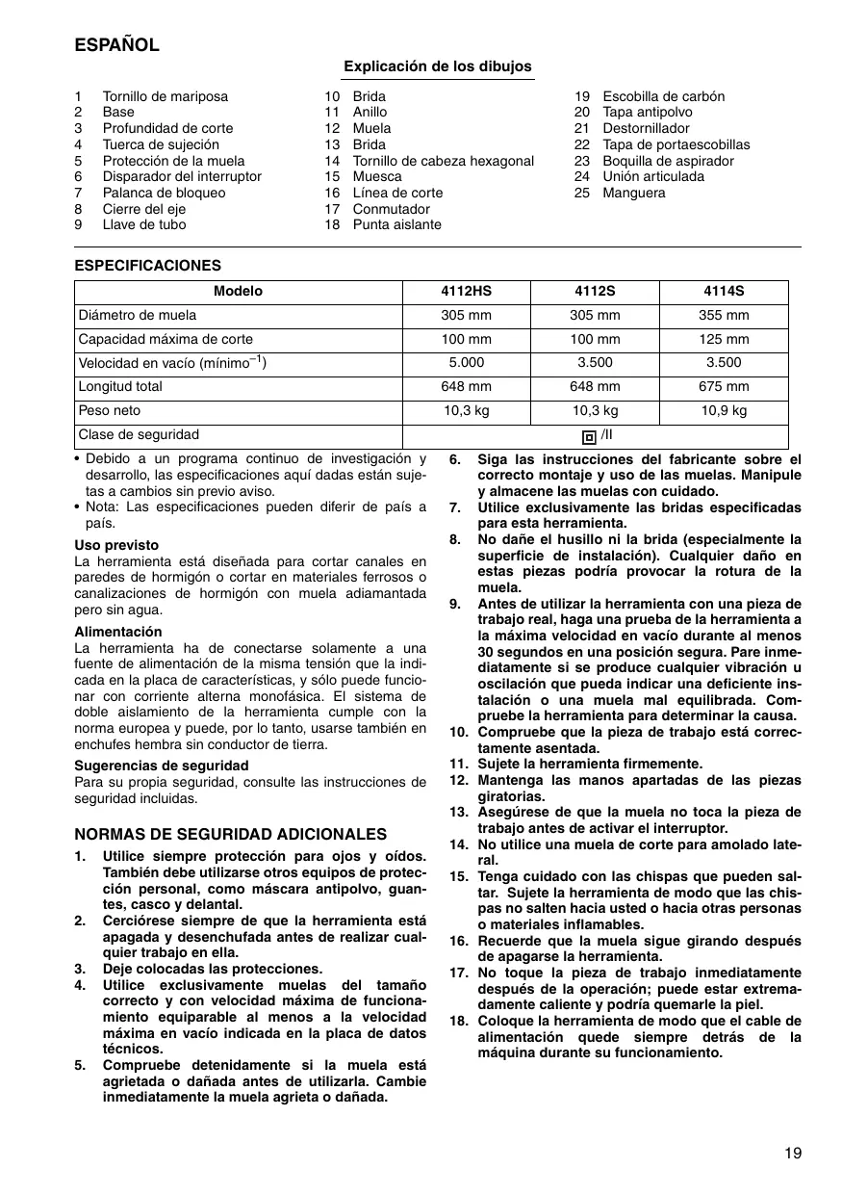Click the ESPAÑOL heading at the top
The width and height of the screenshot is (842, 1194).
tap(116, 45)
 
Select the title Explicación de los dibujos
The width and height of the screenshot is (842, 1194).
tap(438, 66)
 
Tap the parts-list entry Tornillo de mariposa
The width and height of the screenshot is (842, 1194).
tap(166, 96)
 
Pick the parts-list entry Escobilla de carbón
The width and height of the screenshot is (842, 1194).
tap(663, 96)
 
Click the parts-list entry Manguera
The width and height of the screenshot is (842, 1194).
tap(633, 193)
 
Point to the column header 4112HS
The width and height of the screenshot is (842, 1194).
tap(466, 292)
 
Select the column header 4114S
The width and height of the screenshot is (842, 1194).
tap(723, 292)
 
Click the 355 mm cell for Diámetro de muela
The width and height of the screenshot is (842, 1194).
tap(723, 315)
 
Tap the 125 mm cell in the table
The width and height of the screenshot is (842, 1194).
tap(723, 339)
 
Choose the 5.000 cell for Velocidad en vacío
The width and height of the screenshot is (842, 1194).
tap(466, 363)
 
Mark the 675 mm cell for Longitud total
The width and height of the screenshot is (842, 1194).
tap(723, 387)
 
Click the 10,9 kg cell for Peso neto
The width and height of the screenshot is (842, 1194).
tap(723, 411)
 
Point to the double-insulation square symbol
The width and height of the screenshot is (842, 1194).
tap(589, 436)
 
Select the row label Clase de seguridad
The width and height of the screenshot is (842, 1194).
tap(139, 435)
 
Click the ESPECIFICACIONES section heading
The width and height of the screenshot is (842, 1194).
tap(147, 266)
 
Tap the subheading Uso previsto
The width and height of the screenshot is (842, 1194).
tap(116, 545)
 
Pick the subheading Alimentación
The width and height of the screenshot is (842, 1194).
tap(118, 632)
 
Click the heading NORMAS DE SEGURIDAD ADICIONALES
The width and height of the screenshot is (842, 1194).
tap(230, 834)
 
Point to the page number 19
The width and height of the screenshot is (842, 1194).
tap(792, 1153)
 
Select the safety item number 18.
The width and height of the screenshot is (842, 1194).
tap(458, 1021)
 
